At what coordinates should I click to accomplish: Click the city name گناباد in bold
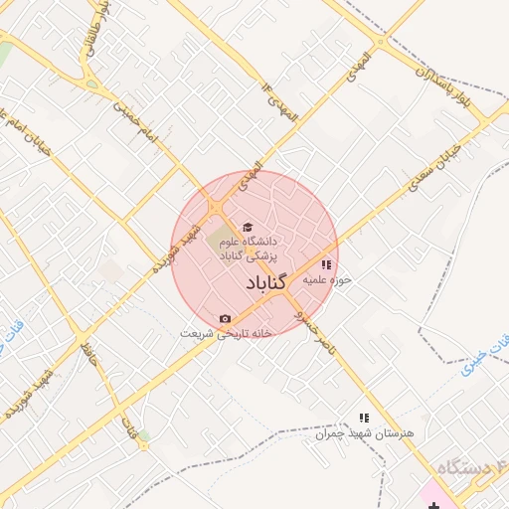(265, 283)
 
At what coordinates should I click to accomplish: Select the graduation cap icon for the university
(248, 227)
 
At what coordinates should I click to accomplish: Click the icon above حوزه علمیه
(326, 264)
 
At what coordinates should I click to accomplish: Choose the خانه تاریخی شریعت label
(226, 333)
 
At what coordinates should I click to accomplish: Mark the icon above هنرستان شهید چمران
(364, 419)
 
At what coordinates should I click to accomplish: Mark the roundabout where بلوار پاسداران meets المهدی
(380, 43)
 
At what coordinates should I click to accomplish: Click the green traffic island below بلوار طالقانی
(91, 85)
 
